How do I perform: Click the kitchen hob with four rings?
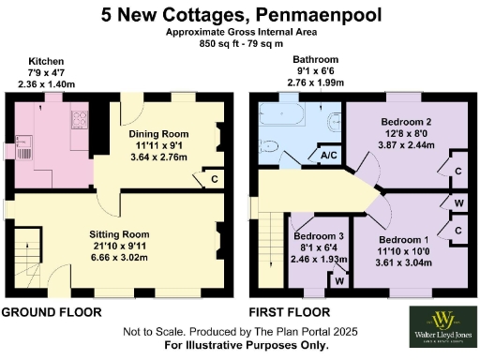pyautogui.click(x=80, y=119)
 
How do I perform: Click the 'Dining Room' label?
pyautogui.click(x=157, y=134)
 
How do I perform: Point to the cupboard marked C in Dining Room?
pyautogui.click(x=215, y=178)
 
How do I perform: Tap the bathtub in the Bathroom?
pyautogui.click(x=283, y=119)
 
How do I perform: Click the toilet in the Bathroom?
pyautogui.click(x=335, y=121)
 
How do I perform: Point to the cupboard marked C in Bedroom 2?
pyautogui.click(x=458, y=170)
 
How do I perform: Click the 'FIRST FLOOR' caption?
pyautogui.click(x=289, y=311)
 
